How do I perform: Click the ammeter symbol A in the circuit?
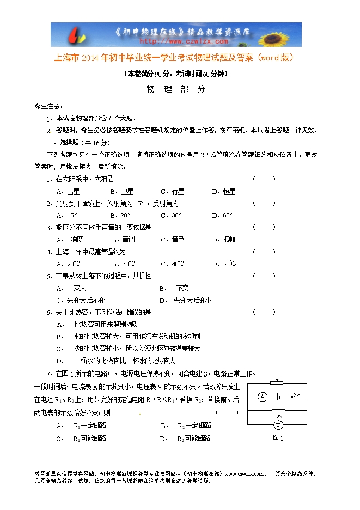[x=262, y=397]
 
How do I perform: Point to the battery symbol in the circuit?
[x=278, y=397]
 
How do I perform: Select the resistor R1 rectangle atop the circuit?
[x=278, y=384]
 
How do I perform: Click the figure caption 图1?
[x=278, y=437]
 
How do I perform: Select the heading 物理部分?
[x=176, y=90]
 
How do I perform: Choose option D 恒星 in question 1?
[x=223, y=191]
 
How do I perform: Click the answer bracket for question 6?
[x=264, y=312]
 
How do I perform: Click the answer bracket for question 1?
[x=264, y=179]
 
